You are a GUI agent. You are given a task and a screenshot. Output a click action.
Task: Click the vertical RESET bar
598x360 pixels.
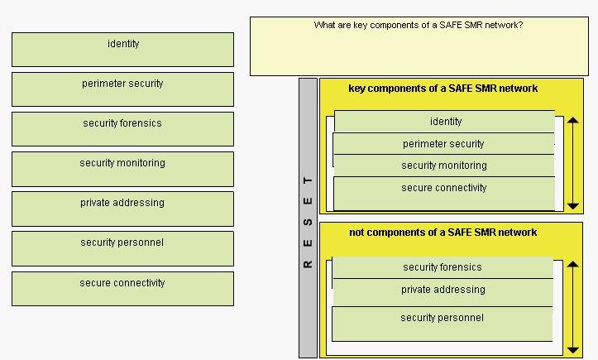click(309, 218)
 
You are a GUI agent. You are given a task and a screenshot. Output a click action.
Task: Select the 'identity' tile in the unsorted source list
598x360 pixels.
click(122, 50)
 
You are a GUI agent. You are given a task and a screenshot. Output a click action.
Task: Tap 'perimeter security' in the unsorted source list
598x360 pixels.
click(122, 89)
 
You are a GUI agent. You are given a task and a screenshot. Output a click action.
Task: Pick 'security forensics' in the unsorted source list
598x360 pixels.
click(122, 129)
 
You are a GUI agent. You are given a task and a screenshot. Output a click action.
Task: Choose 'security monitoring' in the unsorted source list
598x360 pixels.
click(122, 169)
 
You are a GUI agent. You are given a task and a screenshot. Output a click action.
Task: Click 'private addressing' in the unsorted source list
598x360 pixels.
click(122, 209)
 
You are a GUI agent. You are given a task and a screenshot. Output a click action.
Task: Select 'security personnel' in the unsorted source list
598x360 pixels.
click(122, 248)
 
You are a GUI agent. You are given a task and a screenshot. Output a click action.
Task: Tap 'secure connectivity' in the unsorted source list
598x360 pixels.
click(122, 289)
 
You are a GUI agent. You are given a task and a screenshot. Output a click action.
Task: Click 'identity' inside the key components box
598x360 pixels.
click(445, 122)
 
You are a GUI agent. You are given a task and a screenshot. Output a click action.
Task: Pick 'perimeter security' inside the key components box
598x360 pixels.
click(444, 143)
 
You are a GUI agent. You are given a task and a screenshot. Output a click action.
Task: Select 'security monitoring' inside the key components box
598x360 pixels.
click(444, 166)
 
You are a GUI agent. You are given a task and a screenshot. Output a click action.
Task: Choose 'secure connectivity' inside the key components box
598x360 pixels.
click(444, 193)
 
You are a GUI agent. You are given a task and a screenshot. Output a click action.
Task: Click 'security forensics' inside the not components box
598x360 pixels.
click(443, 267)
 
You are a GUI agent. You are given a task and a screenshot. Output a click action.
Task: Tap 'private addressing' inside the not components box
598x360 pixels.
click(443, 292)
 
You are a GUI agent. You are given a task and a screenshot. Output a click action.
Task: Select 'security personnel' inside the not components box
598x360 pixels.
click(443, 324)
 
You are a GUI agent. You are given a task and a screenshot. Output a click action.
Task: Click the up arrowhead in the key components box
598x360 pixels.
click(573, 120)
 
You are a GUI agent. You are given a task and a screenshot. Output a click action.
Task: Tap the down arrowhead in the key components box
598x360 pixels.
click(573, 206)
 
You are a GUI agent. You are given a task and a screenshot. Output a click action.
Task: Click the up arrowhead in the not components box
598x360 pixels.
click(573, 264)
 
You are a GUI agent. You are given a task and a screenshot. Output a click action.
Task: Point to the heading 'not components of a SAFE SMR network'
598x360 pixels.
click(443, 233)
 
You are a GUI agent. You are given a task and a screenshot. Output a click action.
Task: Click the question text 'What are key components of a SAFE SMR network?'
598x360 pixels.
click(419, 25)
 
